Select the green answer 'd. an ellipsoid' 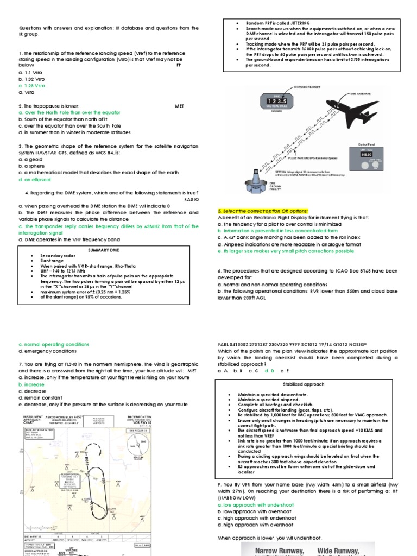coord(35,179)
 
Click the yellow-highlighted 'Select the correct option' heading coord(262,210)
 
